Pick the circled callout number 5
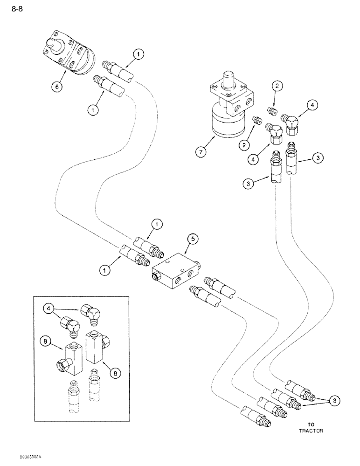193,239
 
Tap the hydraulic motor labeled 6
69,52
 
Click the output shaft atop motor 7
228,76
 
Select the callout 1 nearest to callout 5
158,225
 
